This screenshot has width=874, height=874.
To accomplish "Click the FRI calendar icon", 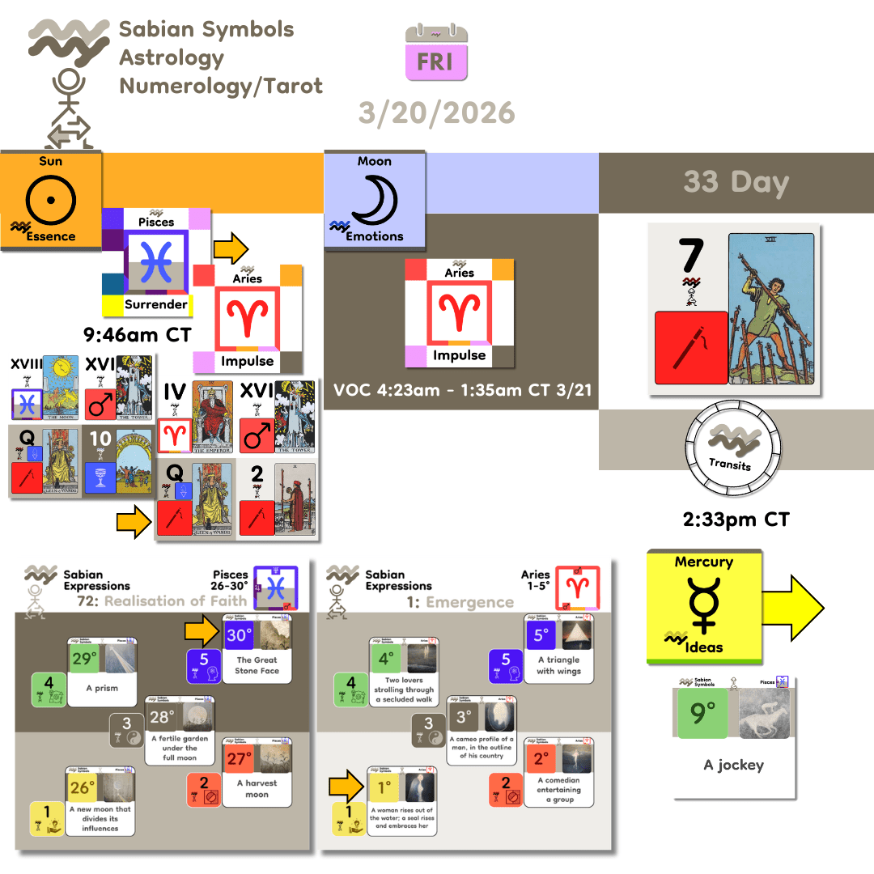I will point(436,53).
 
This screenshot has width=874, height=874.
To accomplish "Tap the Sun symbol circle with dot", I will point(50,198).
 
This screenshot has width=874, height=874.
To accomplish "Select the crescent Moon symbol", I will point(374,198).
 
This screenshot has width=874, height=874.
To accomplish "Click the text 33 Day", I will point(736,182).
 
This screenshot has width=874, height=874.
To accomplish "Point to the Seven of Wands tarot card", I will point(767,308).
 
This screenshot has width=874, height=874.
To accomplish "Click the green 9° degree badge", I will point(703,713).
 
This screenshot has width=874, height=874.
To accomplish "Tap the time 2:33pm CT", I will point(736,518).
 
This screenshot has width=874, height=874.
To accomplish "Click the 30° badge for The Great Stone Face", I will point(240,635).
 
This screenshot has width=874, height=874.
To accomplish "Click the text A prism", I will point(101,688).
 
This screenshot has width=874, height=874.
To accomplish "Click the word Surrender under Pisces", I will point(155,305).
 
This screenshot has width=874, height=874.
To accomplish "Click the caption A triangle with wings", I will point(558,665).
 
